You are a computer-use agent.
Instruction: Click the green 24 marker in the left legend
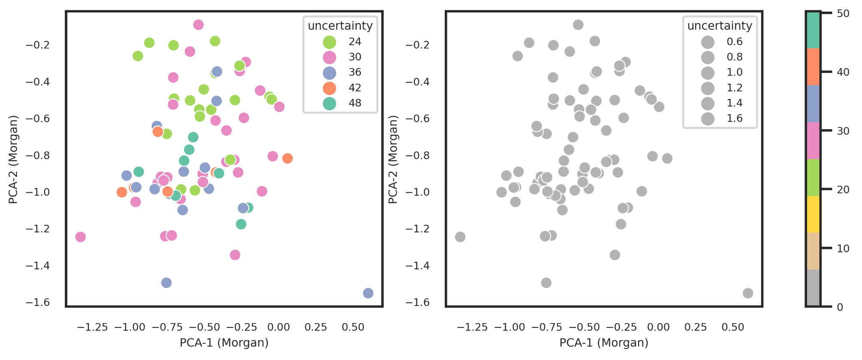point(329,42)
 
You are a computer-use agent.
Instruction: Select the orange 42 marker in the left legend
point(329,88)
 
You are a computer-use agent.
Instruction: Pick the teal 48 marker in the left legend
point(329,103)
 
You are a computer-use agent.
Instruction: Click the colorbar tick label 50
point(843,13)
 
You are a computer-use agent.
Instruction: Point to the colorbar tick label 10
point(843,248)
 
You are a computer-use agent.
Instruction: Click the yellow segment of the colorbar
point(813,214)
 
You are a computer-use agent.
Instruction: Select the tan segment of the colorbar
point(813,251)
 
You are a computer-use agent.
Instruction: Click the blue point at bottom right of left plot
point(368,293)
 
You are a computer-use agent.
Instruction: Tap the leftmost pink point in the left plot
point(80,237)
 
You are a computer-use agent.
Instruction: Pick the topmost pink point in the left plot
point(198,25)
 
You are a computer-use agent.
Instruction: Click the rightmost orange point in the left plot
point(287,158)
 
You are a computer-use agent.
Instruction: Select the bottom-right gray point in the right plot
point(748,293)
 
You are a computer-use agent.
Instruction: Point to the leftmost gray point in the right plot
point(460,237)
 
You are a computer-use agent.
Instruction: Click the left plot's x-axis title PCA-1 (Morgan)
point(224,343)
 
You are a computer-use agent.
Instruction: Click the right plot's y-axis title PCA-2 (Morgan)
point(393,159)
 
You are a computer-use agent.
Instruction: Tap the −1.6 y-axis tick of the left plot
point(38,303)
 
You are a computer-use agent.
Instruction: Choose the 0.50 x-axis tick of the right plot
point(732,327)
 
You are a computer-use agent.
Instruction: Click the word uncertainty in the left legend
point(340,26)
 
